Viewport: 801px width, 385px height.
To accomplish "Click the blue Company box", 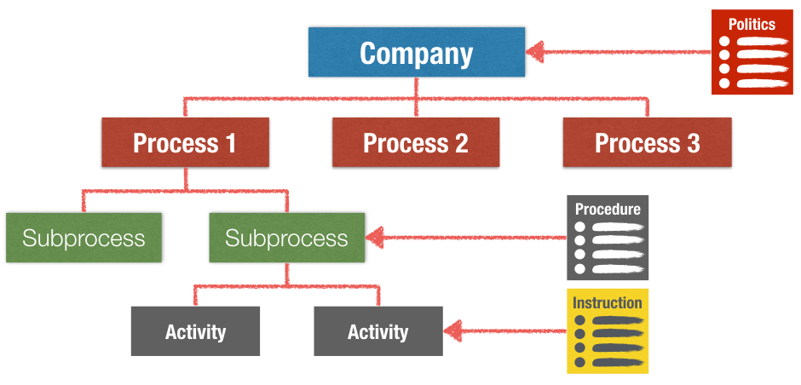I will tap(416, 53).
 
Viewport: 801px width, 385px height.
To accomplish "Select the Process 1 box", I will tap(185, 142).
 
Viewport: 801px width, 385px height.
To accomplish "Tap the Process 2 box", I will tap(416, 142).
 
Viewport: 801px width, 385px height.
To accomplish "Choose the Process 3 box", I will tap(647, 142).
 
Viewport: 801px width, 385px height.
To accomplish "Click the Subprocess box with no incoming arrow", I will tap(84, 238).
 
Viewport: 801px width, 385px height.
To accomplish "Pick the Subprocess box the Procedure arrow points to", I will tap(286, 238).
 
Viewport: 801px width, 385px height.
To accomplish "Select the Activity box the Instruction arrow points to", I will tap(378, 331).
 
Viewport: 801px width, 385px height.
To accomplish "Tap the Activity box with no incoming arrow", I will tap(195, 331).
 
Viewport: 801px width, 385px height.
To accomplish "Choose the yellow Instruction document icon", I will tap(608, 331).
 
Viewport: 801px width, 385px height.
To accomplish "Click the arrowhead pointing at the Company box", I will tap(536, 52).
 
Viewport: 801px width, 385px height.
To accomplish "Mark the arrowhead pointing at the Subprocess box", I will tap(376, 238).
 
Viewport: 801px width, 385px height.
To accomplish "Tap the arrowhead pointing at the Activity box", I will tap(452, 330).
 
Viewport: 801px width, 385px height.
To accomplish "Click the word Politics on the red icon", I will tap(752, 24).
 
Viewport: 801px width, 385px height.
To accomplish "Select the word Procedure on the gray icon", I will tap(608, 209).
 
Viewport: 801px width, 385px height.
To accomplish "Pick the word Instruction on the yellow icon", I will tap(608, 302).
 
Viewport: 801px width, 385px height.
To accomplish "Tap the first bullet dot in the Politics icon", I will tap(725, 42).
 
